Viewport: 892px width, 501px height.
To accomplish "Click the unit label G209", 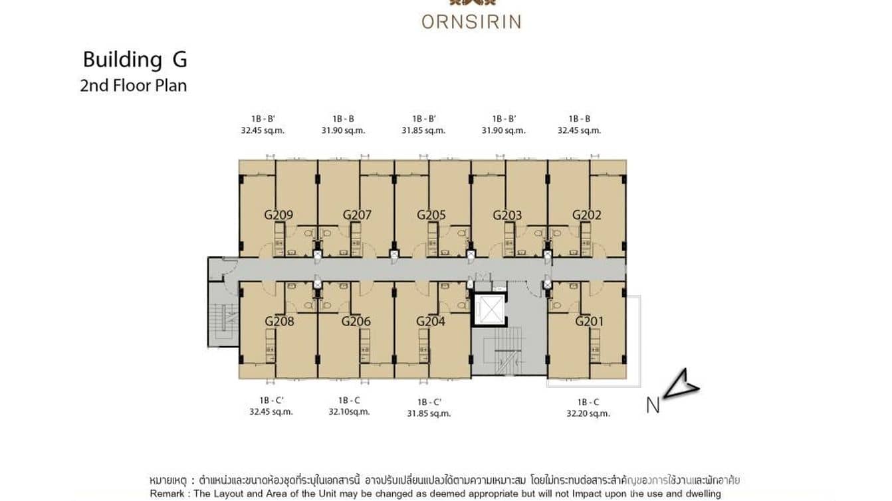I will point(279,215).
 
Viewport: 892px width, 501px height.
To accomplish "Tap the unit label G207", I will point(357,215).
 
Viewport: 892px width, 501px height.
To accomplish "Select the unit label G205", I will point(431,215).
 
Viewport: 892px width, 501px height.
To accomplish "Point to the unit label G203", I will point(507,215).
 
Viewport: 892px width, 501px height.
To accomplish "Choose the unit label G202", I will point(586,215).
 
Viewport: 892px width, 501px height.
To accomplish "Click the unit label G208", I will point(279,322).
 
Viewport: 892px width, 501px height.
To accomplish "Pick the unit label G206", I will point(356,322).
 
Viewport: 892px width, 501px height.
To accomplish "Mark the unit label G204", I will point(431,322).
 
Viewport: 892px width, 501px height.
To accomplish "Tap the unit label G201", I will point(589,322).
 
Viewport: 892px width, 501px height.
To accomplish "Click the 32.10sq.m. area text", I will point(349,412).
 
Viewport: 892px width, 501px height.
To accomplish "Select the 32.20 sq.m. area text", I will point(588,413).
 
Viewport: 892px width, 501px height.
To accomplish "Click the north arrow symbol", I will point(681,384).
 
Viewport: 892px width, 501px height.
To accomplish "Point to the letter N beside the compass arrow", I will point(653,405).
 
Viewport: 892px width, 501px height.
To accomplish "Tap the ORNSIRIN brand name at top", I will point(471,21).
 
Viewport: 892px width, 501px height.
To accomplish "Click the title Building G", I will point(134,60).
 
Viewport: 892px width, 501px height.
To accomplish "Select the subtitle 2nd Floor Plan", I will point(133,86).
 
